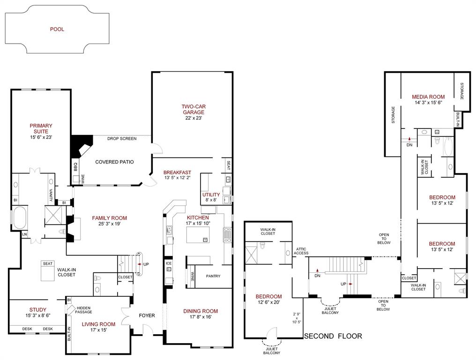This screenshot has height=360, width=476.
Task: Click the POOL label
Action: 57,29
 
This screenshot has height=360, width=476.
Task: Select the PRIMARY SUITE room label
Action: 41,128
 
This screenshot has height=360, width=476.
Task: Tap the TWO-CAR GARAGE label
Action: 193,109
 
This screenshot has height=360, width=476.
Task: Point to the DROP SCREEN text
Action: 122,139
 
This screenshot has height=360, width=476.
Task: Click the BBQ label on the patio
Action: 75,166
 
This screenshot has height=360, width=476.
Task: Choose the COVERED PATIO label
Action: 114,162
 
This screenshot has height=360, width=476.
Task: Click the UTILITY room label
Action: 211,195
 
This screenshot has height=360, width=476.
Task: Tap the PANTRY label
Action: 213,276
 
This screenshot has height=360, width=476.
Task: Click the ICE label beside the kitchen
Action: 169,263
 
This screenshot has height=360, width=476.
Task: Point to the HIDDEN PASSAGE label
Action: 84,310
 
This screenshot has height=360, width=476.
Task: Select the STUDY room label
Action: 38,309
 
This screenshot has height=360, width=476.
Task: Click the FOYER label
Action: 147,315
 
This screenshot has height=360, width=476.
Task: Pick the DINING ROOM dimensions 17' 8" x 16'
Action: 201,317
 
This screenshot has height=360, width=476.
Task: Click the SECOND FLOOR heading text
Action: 333,336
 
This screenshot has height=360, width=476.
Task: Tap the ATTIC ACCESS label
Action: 301,251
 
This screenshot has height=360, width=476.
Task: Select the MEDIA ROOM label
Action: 428,97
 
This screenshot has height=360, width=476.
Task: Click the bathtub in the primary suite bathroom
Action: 20,219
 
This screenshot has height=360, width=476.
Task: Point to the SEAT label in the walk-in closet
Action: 47,263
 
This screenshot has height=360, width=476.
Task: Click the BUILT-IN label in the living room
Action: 69,333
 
